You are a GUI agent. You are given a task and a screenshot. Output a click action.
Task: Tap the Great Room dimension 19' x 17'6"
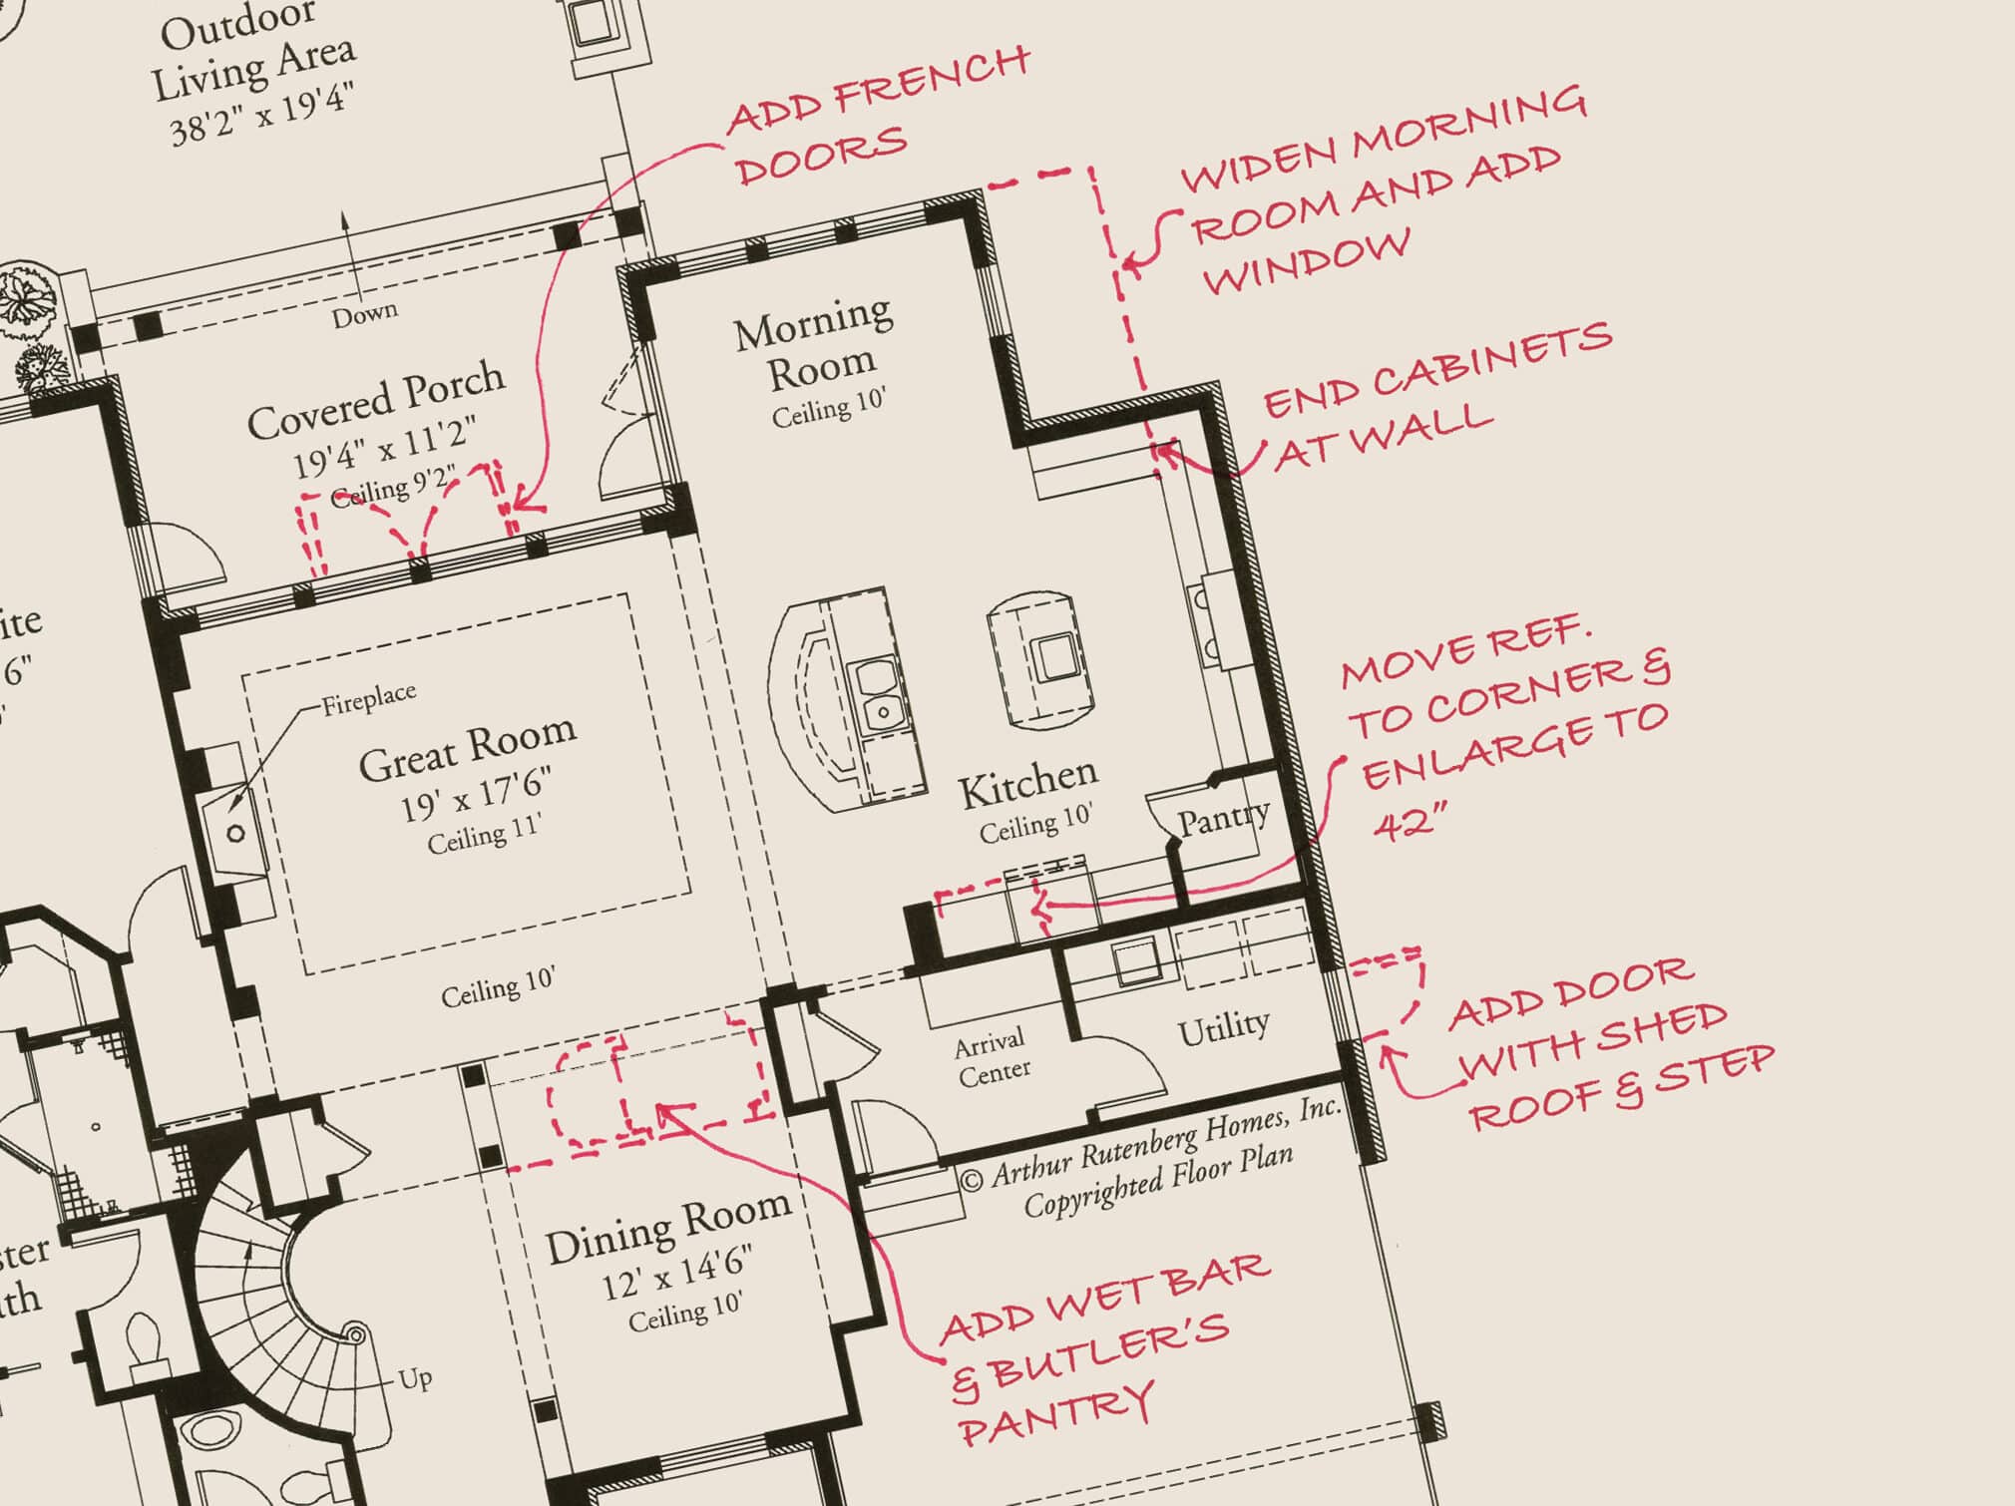(x=476, y=794)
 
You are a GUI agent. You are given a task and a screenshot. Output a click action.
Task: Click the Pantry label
(x=1223, y=819)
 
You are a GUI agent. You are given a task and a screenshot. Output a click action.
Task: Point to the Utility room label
(x=1223, y=1028)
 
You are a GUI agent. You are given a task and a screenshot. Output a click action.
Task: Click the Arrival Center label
(x=992, y=1058)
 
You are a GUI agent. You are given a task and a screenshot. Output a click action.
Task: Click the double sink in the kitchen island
(x=880, y=692)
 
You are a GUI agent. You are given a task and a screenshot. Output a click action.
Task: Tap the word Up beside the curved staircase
(x=414, y=1378)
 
